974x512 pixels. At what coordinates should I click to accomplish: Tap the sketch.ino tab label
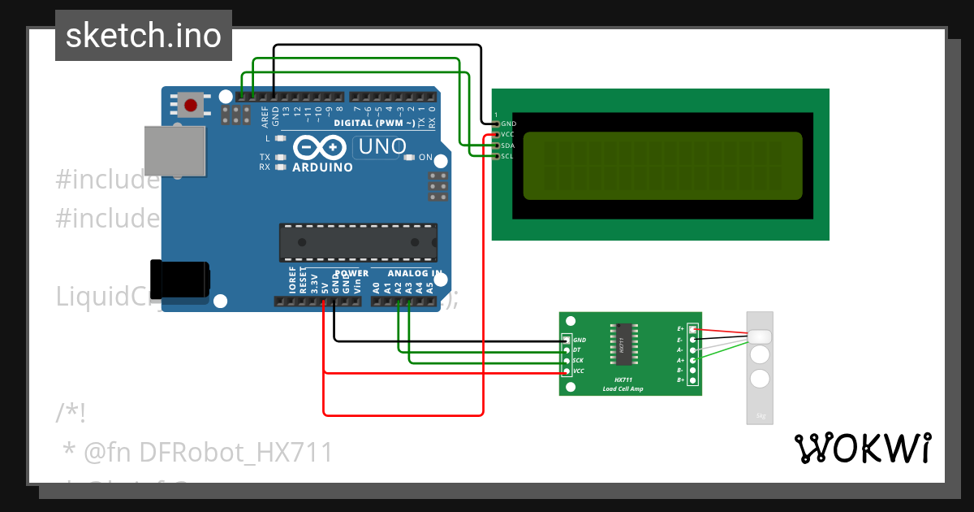point(144,36)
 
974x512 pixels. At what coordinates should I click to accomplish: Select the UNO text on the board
point(377,147)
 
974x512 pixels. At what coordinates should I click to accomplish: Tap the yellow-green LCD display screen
point(662,166)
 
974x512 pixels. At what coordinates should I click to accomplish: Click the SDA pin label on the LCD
point(508,145)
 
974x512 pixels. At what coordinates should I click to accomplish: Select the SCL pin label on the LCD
point(507,156)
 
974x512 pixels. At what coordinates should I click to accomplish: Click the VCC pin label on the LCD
point(508,134)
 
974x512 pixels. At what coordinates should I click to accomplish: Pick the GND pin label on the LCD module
point(509,124)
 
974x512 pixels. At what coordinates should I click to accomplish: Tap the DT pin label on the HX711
point(577,350)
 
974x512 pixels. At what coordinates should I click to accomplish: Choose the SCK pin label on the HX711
point(578,361)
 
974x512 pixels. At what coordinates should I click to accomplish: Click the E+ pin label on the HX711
point(681,329)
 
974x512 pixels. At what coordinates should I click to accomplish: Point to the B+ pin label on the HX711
point(681,380)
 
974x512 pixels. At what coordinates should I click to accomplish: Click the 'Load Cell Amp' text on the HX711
point(623,389)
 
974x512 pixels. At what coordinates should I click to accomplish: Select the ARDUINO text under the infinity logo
point(322,167)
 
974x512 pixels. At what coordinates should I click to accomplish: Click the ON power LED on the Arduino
point(410,158)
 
